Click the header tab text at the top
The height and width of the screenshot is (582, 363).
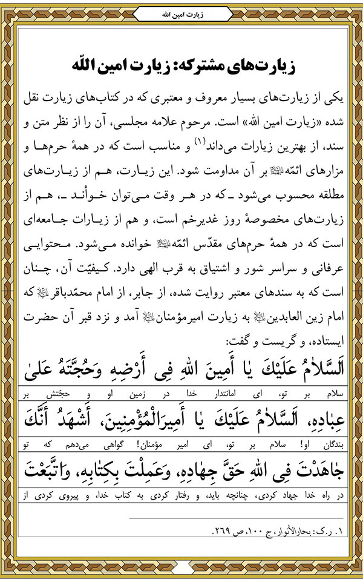tap(181, 12)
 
